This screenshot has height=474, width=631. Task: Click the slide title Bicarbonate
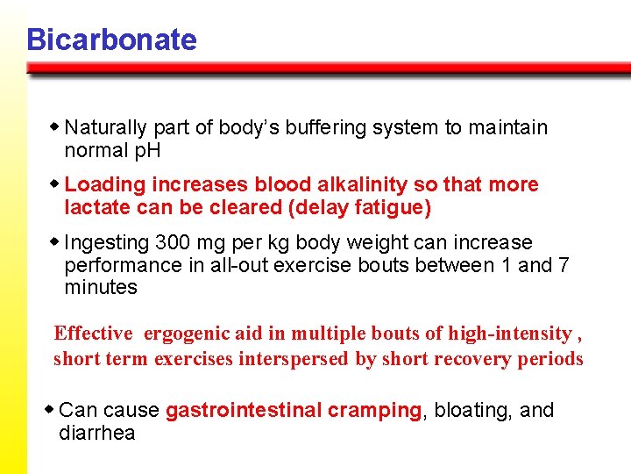click(111, 39)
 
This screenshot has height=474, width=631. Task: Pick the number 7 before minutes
click(564, 265)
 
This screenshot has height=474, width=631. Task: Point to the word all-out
click(243, 265)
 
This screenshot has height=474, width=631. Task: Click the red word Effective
click(93, 334)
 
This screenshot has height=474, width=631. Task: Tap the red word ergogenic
click(183, 334)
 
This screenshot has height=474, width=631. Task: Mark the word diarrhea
click(96, 433)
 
